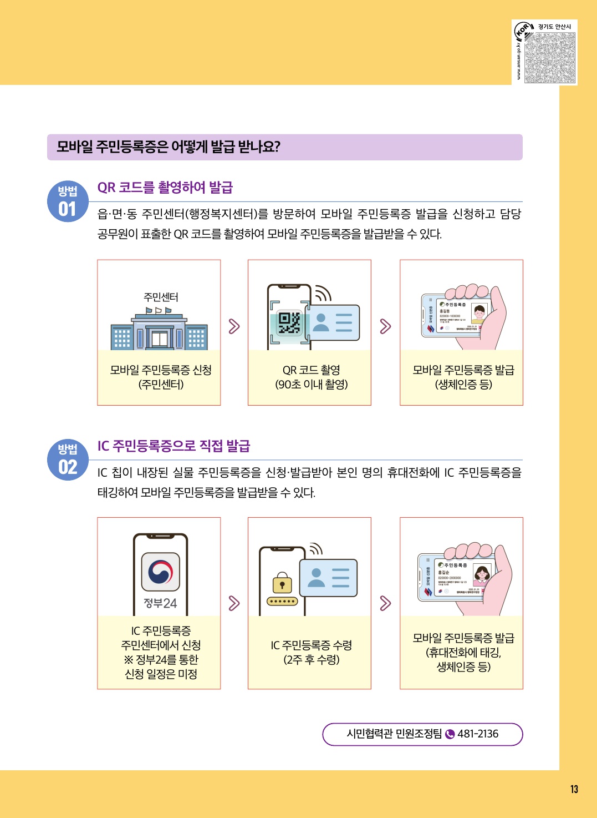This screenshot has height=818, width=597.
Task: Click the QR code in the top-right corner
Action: tap(550, 58)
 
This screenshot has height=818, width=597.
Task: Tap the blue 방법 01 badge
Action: tap(68, 201)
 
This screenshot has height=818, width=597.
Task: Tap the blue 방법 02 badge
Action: tap(68, 460)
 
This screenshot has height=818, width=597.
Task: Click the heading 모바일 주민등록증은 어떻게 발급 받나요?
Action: tap(169, 147)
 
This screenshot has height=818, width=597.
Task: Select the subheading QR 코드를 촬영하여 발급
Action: tap(165, 188)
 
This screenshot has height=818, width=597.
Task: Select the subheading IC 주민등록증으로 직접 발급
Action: tap(174, 446)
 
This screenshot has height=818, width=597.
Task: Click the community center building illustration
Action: tap(159, 331)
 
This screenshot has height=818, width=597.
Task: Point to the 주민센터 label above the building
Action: tap(161, 297)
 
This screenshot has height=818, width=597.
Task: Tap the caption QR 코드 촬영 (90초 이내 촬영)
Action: tap(311, 377)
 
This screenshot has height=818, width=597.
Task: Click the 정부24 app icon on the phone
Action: tap(161, 572)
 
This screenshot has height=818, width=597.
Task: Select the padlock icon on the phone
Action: tap(282, 583)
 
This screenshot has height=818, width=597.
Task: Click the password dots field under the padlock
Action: tap(282, 602)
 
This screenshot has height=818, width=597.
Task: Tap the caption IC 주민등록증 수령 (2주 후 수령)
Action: tap(311, 652)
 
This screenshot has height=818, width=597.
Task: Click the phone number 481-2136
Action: tap(478, 734)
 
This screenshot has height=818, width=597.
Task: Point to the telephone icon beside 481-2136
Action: tap(450, 734)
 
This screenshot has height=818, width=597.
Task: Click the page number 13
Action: tap(574, 789)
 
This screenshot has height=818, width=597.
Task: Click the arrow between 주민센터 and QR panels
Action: tap(234, 326)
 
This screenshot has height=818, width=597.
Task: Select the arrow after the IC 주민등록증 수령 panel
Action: tap(385, 603)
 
